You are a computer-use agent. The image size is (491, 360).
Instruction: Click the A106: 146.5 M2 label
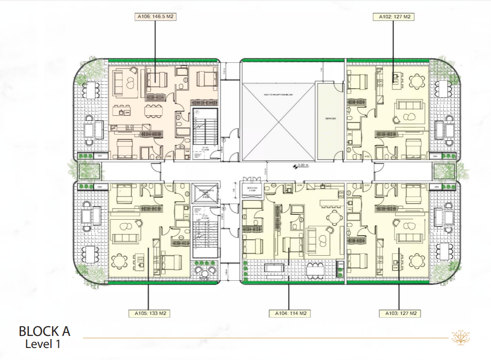click(x=155, y=17)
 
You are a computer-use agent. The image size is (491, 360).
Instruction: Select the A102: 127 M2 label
click(x=394, y=17)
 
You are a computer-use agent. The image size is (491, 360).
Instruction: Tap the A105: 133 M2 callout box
click(x=148, y=313)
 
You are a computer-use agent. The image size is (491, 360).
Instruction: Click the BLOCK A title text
click(x=44, y=331)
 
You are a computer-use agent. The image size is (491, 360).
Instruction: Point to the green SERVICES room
click(x=330, y=120)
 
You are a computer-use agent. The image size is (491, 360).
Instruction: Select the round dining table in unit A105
click(x=119, y=261)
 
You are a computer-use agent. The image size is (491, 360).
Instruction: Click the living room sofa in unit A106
click(x=120, y=82)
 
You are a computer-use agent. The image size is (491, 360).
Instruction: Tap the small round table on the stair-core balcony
click(x=205, y=272)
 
